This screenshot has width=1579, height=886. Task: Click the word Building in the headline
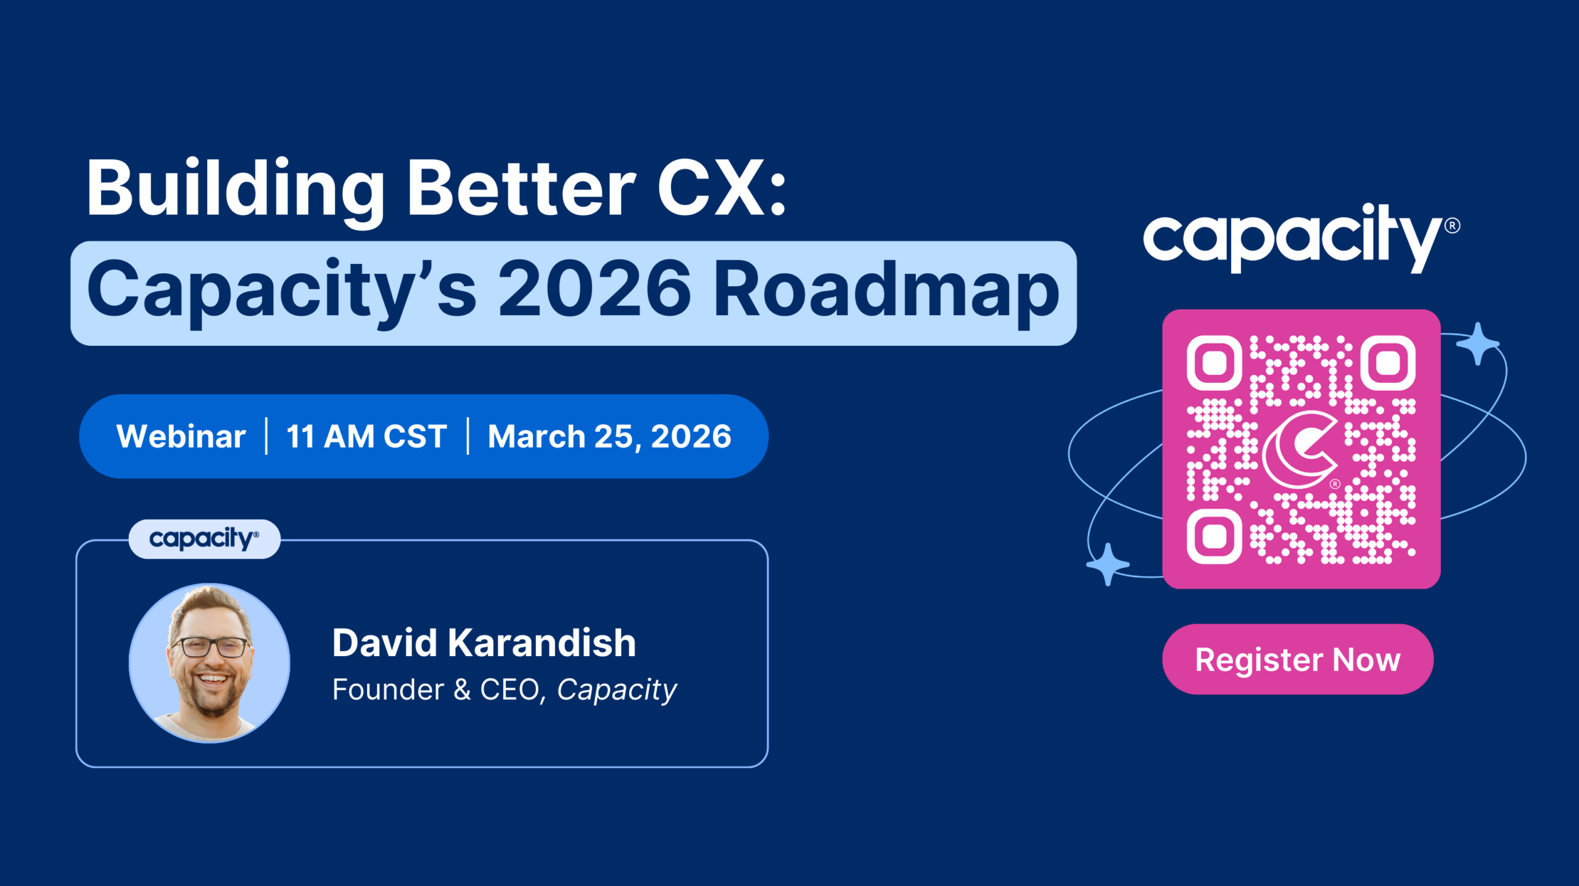[x=234, y=188]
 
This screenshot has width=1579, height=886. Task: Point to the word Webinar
[x=181, y=437]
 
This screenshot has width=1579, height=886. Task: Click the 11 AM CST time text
[x=366, y=437]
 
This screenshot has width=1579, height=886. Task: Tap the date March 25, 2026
[x=609, y=437]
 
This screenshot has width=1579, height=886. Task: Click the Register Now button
[x=1297, y=659]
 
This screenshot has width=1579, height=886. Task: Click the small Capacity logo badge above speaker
[x=204, y=539]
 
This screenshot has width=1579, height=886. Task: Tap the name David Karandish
[x=484, y=643]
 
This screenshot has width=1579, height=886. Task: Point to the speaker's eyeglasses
[x=211, y=647]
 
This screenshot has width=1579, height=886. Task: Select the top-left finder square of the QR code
[x=1214, y=363]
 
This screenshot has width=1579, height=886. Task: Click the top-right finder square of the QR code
[x=1388, y=363]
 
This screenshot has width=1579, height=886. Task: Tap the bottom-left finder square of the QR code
[x=1214, y=536]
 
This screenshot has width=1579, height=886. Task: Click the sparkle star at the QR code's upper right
[x=1477, y=343]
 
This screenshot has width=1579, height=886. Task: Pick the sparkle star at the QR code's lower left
[x=1108, y=564]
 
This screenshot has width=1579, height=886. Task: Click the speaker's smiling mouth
[x=213, y=679]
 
